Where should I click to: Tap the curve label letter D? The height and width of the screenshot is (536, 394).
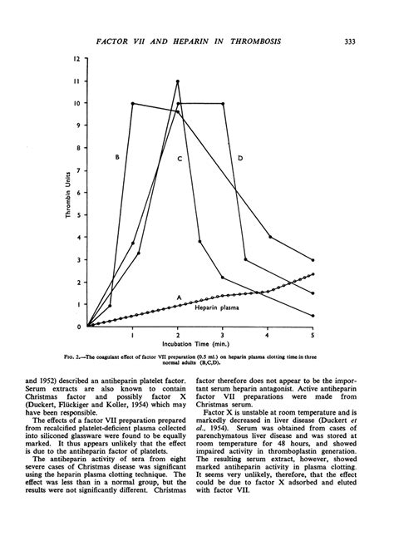click(240, 156)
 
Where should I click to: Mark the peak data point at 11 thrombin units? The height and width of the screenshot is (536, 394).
click(178, 81)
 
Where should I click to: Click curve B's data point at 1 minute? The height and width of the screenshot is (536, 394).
click(133, 103)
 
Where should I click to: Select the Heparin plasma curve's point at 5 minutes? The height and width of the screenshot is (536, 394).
click(313, 273)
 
